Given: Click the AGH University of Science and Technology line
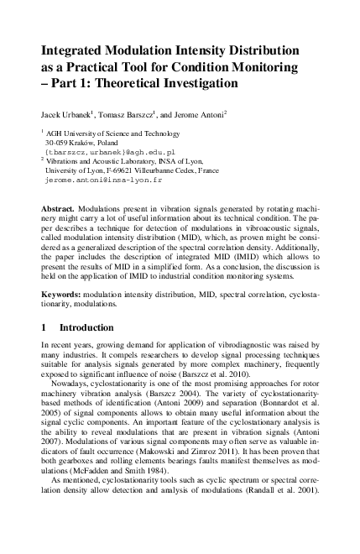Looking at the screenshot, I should tap(104, 133).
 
